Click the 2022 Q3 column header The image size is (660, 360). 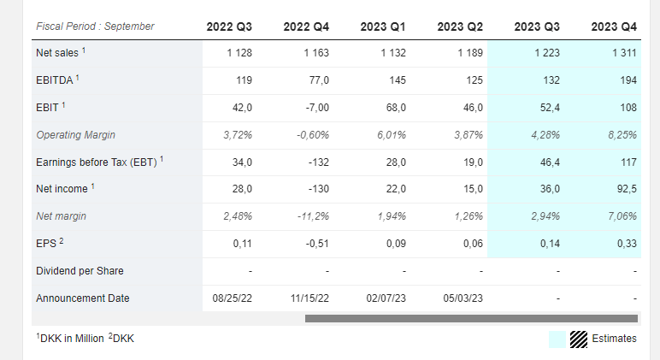point(229,27)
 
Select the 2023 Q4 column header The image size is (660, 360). point(614,27)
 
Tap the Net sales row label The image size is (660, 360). point(57,53)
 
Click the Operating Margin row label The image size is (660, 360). point(76,135)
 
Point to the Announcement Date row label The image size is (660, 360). point(82,298)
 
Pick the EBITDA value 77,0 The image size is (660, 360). point(319,80)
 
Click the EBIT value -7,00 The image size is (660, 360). point(317,108)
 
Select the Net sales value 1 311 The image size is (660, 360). point(624,53)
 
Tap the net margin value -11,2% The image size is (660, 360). point(313,216)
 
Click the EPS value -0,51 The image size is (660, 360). point(317,244)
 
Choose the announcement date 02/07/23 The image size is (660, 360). point(386,298)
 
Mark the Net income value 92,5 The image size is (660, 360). point(627,189)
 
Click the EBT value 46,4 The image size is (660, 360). point(550,162)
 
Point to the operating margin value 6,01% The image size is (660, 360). point(392,135)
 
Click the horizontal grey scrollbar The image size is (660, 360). point(471,318)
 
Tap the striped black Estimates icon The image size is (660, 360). point(579,339)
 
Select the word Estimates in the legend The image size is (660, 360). point(614,338)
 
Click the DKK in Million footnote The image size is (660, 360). point(70,338)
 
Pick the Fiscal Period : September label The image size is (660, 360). point(95,27)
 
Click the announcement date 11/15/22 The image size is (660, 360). point(309,298)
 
